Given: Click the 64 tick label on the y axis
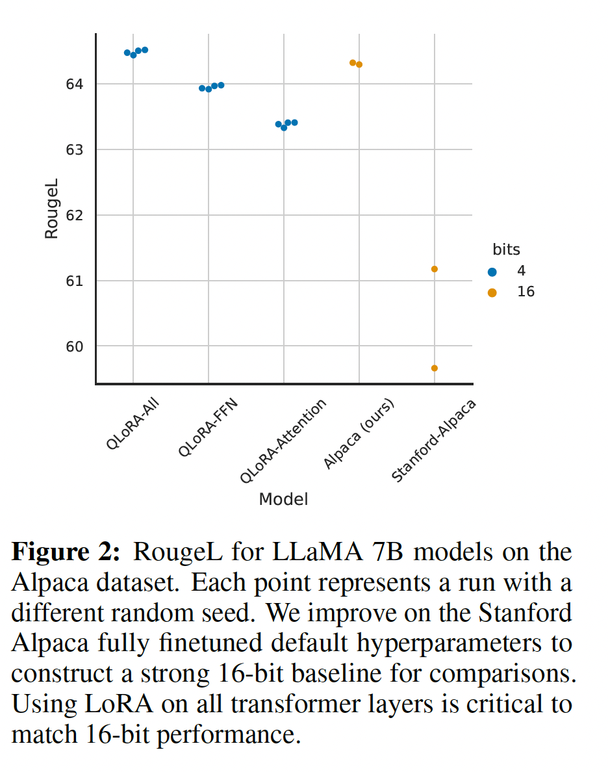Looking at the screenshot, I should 74,84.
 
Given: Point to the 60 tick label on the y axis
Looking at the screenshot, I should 74,346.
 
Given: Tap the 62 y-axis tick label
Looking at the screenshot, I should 74,215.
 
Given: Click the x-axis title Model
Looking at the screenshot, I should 283,499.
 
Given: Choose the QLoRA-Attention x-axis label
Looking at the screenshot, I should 283,441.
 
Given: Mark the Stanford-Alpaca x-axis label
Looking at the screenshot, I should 433,441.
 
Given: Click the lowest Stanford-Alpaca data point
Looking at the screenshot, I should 434,368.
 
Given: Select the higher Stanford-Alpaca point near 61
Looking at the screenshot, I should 434,269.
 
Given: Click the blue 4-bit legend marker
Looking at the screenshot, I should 492,272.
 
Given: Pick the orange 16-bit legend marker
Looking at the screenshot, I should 492,292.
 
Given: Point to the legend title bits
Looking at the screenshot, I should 506,250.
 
